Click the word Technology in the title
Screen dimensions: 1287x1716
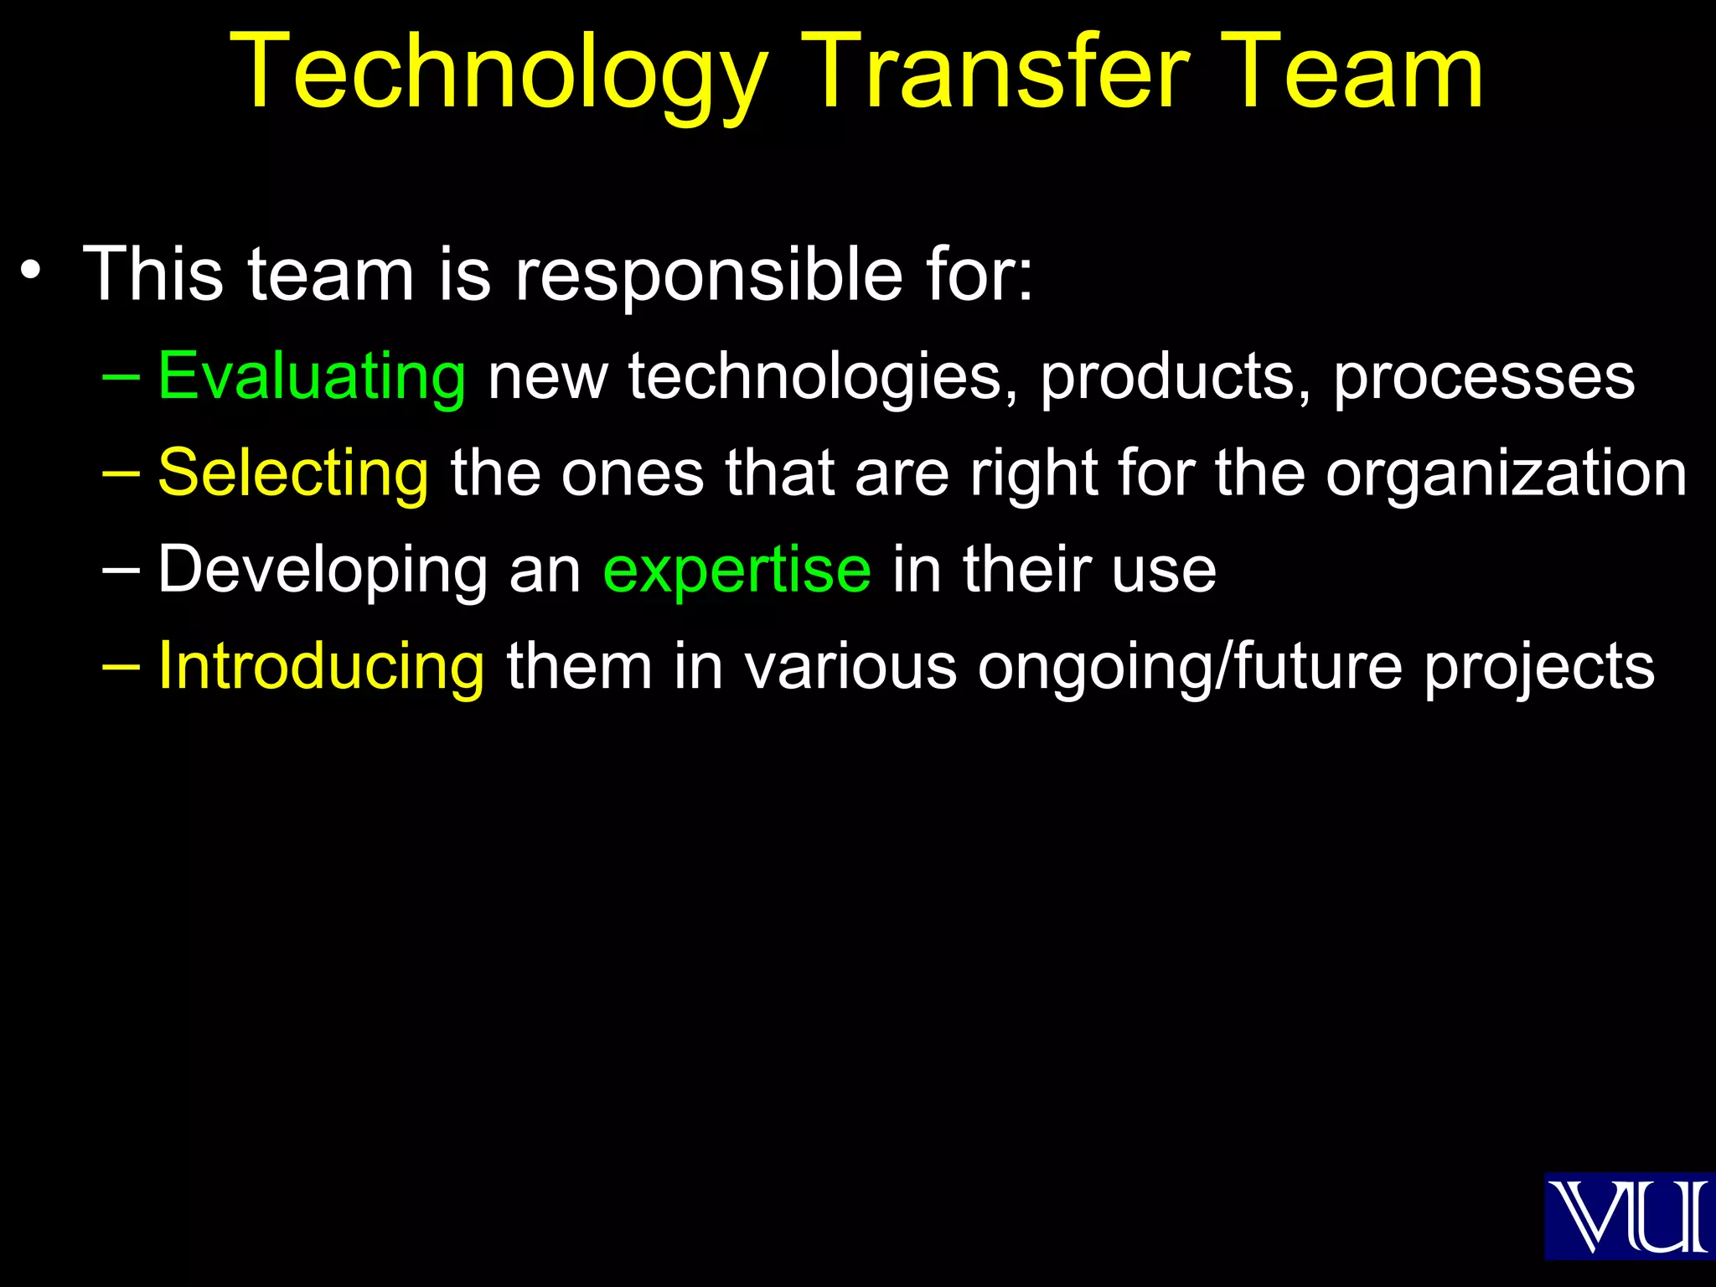tap(499, 74)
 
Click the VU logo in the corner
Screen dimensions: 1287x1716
tap(1629, 1216)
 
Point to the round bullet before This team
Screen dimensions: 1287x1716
tap(31, 271)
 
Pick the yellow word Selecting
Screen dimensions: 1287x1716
tap(293, 473)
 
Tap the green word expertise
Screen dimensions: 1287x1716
tap(737, 570)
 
